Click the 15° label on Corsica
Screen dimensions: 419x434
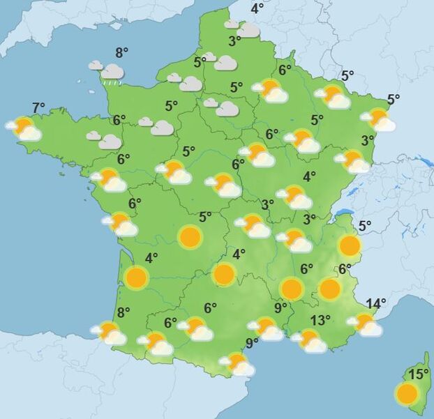[x=419, y=374]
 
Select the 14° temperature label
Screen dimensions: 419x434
[x=376, y=303]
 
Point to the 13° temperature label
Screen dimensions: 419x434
[x=320, y=321]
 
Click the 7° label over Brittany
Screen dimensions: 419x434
[x=39, y=107]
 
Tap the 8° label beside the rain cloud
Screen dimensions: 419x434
[x=123, y=52]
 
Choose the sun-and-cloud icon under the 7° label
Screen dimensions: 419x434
[x=24, y=129]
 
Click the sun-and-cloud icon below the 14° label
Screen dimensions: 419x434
[x=366, y=324]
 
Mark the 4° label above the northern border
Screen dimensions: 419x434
[x=257, y=8]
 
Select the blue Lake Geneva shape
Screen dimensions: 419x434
[x=343, y=213]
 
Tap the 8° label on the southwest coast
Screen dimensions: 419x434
[x=124, y=313]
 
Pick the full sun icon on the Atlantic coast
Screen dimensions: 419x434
[x=136, y=278]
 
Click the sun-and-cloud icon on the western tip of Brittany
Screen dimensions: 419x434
[x=24, y=129]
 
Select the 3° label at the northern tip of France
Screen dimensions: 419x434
[x=235, y=41]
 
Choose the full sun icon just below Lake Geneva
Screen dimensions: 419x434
[x=350, y=245]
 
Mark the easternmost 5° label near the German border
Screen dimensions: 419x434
[x=394, y=99]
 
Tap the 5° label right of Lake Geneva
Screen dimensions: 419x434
[x=366, y=225]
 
